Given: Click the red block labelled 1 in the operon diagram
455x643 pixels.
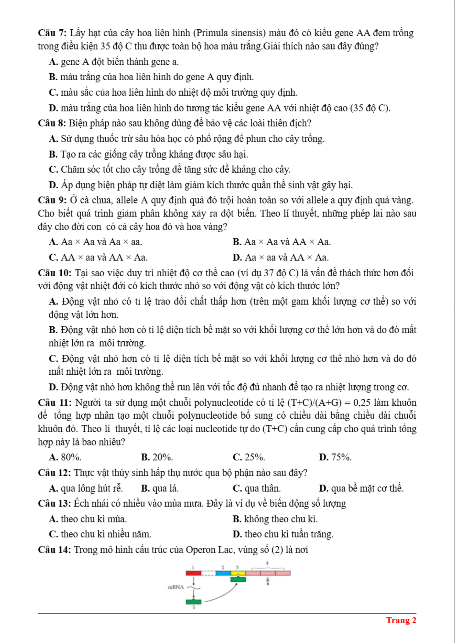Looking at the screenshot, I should click(x=194, y=573).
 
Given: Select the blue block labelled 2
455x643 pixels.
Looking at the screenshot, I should click(x=223, y=573).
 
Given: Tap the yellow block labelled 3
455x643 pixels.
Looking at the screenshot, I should click(x=238, y=573).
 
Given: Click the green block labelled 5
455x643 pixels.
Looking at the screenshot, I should click(x=194, y=602).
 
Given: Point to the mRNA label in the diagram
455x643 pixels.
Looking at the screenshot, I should click(x=176, y=587).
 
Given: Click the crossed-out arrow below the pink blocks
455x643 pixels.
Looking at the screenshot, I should click(x=268, y=581).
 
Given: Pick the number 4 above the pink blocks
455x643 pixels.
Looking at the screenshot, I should click(x=267, y=563).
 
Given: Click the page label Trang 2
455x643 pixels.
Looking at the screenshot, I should click(x=401, y=620).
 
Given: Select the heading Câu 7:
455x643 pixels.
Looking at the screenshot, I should click(x=52, y=33).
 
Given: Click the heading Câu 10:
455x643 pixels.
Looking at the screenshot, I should click(x=55, y=273).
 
